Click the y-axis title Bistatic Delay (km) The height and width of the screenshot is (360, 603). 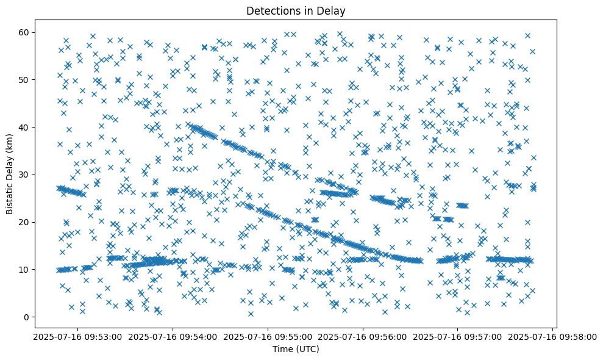(10, 174)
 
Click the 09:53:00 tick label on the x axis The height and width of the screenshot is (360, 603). (76, 336)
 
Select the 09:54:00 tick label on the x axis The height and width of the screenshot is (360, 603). (172, 336)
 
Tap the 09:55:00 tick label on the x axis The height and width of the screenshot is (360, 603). (268, 336)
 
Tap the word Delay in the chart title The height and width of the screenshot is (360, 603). (332, 10)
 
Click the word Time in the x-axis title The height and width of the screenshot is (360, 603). (282, 349)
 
